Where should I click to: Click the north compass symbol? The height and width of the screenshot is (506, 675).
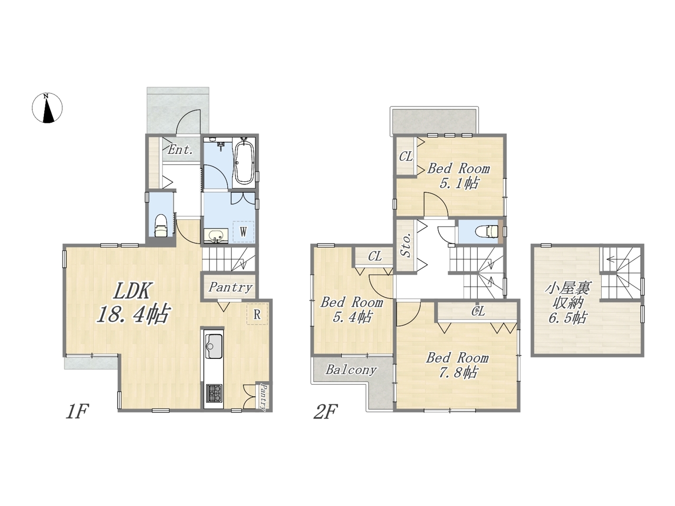[x=47, y=108]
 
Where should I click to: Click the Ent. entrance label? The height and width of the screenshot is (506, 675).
[x=180, y=150]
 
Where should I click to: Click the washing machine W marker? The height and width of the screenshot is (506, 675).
[x=243, y=231]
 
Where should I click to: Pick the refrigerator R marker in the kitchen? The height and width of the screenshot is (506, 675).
[x=257, y=314]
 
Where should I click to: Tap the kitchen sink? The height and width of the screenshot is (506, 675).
[x=214, y=346]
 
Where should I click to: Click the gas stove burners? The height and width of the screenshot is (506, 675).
[x=214, y=394]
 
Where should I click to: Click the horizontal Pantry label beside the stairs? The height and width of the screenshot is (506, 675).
[x=230, y=288]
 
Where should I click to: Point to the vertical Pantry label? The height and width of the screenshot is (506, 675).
[x=263, y=396]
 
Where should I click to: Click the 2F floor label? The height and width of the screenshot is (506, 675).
[x=326, y=412]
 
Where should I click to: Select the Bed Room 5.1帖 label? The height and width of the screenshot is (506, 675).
[x=458, y=176]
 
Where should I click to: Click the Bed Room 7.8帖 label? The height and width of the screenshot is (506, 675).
[x=457, y=365]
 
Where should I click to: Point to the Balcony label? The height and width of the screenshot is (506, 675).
[x=351, y=370]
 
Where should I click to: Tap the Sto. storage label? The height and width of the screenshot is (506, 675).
[x=406, y=245]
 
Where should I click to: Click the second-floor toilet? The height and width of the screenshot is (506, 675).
[x=487, y=231]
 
